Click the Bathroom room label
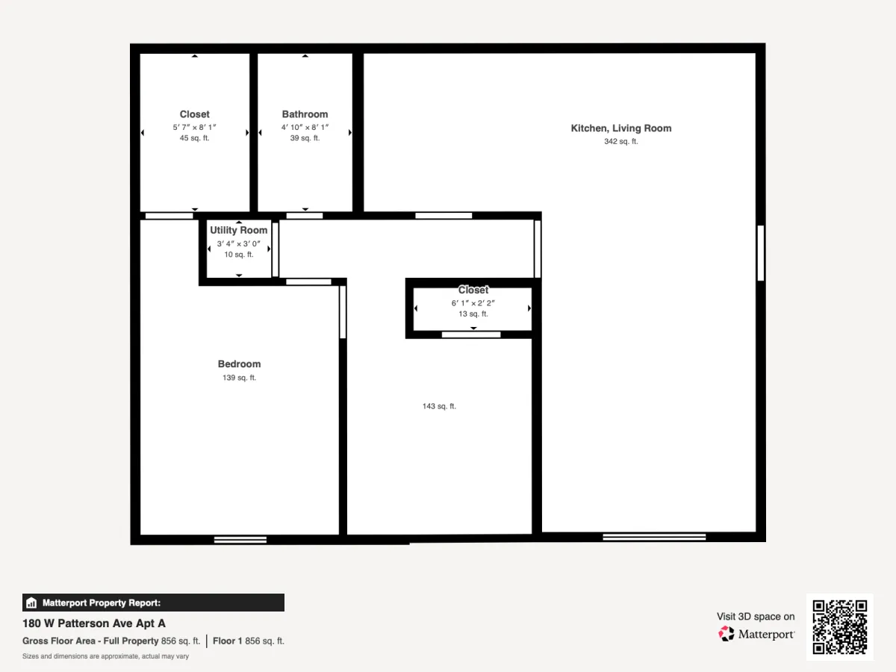305,114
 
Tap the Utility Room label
239,230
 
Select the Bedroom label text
239,364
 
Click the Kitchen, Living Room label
621,128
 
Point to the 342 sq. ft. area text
621,142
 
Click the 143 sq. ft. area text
439,406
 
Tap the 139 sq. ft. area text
239,378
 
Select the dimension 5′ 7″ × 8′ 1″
194,127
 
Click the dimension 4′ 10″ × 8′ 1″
305,127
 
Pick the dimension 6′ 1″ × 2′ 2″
473,303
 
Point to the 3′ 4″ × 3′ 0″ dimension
239,243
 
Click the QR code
840,626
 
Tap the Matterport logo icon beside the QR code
727,634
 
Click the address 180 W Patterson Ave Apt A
94,623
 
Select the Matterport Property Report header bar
154,603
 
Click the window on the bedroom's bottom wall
240,540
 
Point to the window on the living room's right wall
760,253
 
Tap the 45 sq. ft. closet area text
194,138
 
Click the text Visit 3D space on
756,617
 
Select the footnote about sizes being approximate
105,656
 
